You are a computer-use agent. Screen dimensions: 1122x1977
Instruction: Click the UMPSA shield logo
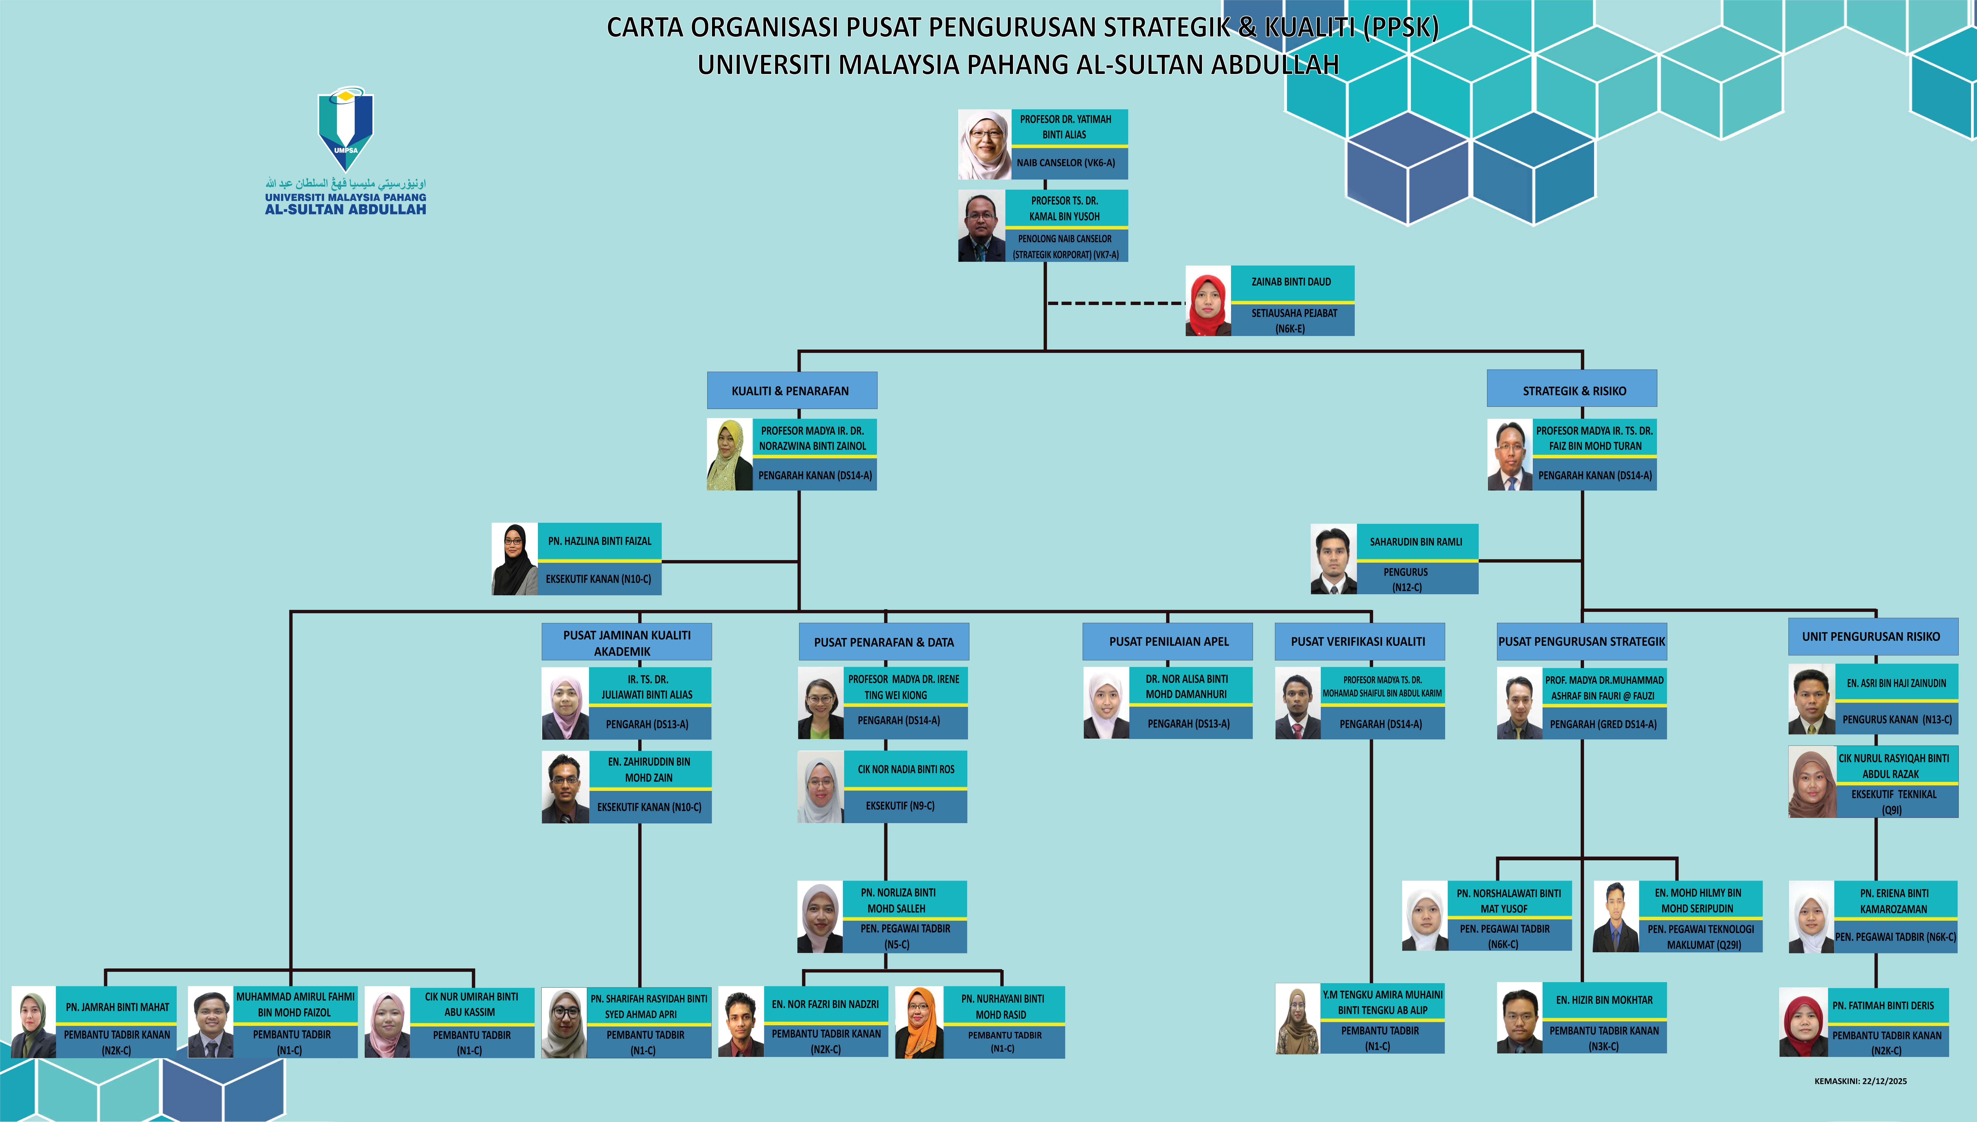tap(346, 127)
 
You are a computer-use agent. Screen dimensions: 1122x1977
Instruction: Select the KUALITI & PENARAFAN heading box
tap(792, 391)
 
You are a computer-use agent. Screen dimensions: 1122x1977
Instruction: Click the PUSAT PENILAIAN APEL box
tap(1168, 641)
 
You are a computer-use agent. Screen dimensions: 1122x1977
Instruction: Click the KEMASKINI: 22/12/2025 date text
tap(1861, 1081)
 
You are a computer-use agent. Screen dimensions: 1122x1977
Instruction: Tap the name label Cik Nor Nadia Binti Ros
tap(906, 769)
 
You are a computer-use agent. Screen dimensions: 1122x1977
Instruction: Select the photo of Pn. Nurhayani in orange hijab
tap(919, 1023)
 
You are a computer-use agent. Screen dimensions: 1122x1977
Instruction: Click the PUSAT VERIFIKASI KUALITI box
tap(1359, 641)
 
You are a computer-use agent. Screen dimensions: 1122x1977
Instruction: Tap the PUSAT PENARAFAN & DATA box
tap(884, 642)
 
